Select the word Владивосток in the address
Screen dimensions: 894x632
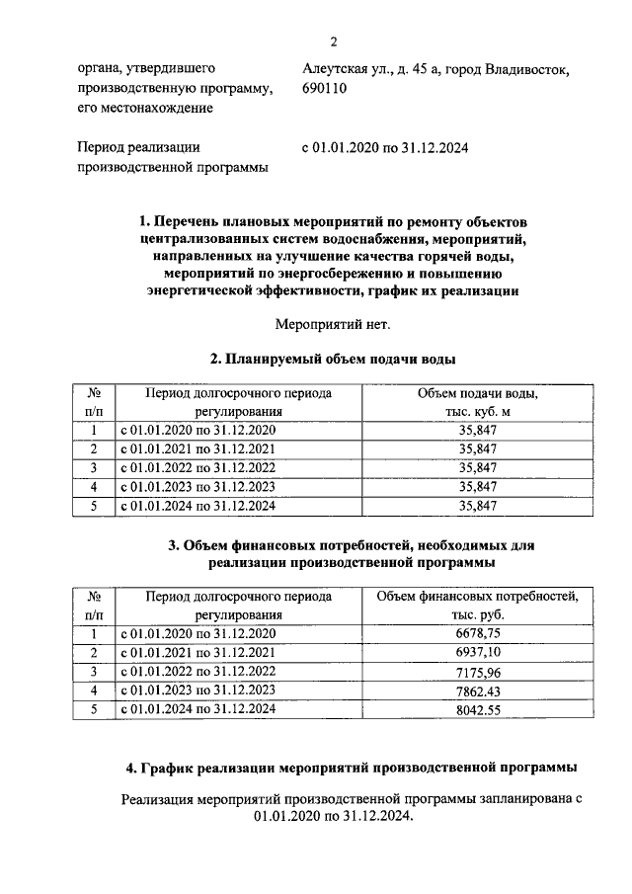pyautogui.click(x=526, y=69)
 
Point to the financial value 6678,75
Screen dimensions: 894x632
pyautogui.click(x=478, y=633)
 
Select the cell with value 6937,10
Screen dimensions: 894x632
pyautogui.click(x=478, y=652)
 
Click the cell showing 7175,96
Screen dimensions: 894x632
pyautogui.click(x=478, y=672)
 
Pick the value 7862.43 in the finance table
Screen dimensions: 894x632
pyautogui.click(x=478, y=691)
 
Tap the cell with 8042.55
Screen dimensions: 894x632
pyautogui.click(x=478, y=709)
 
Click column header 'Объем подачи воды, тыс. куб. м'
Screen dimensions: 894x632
pyautogui.click(x=478, y=402)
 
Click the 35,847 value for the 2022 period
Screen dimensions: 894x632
pyautogui.click(x=478, y=468)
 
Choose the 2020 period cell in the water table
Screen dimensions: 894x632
pyautogui.click(x=198, y=431)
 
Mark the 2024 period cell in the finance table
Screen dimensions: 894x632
pyautogui.click(x=198, y=709)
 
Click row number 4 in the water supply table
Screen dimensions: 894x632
pyautogui.click(x=94, y=487)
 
